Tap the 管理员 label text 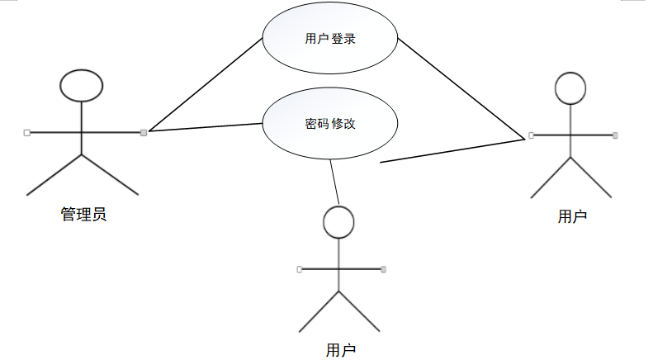(83, 215)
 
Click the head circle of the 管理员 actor (82, 84)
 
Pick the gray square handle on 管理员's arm (144, 132)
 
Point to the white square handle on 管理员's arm (26, 132)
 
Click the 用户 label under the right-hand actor (572, 216)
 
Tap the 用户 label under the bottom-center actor (341, 350)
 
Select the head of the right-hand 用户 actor (570, 88)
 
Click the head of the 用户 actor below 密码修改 (338, 220)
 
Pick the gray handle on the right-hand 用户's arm (615, 135)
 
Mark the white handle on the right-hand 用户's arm (531, 135)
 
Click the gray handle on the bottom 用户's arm (383, 268)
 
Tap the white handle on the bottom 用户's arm (299, 268)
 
